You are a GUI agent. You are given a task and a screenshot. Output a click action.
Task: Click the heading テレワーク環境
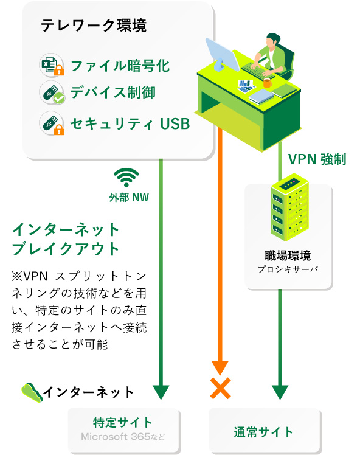pos(94,26)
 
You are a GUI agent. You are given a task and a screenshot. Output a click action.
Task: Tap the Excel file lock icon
pos(52,65)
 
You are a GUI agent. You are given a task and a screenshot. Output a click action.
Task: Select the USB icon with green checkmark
pos(52,92)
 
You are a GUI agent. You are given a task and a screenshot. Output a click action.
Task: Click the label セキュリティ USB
pos(130,123)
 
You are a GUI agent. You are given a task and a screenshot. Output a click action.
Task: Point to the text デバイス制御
pos(113,92)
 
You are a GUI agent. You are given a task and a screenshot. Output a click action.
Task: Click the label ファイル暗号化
pos(120,66)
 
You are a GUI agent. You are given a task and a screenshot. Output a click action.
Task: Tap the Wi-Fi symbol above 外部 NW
pos(126,177)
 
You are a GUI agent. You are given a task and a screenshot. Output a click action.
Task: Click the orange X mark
pos(221,388)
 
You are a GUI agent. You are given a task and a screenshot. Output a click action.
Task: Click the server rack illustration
pos(289,207)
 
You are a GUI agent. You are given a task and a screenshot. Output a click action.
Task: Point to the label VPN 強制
pos(317,159)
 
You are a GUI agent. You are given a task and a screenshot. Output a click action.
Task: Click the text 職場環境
pos(288,255)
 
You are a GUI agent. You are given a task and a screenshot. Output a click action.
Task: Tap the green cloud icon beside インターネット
pos(32,392)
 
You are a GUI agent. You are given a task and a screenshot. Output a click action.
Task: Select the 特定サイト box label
pos(123,423)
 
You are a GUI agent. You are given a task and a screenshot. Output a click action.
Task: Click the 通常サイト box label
pos(263,432)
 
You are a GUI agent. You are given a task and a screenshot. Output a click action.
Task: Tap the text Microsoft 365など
pos(123,436)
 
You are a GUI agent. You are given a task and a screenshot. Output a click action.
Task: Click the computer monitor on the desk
pos(222,54)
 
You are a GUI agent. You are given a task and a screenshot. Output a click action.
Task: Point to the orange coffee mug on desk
pos(267,83)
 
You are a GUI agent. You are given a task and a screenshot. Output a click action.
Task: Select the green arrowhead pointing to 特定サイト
pos(161,392)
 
